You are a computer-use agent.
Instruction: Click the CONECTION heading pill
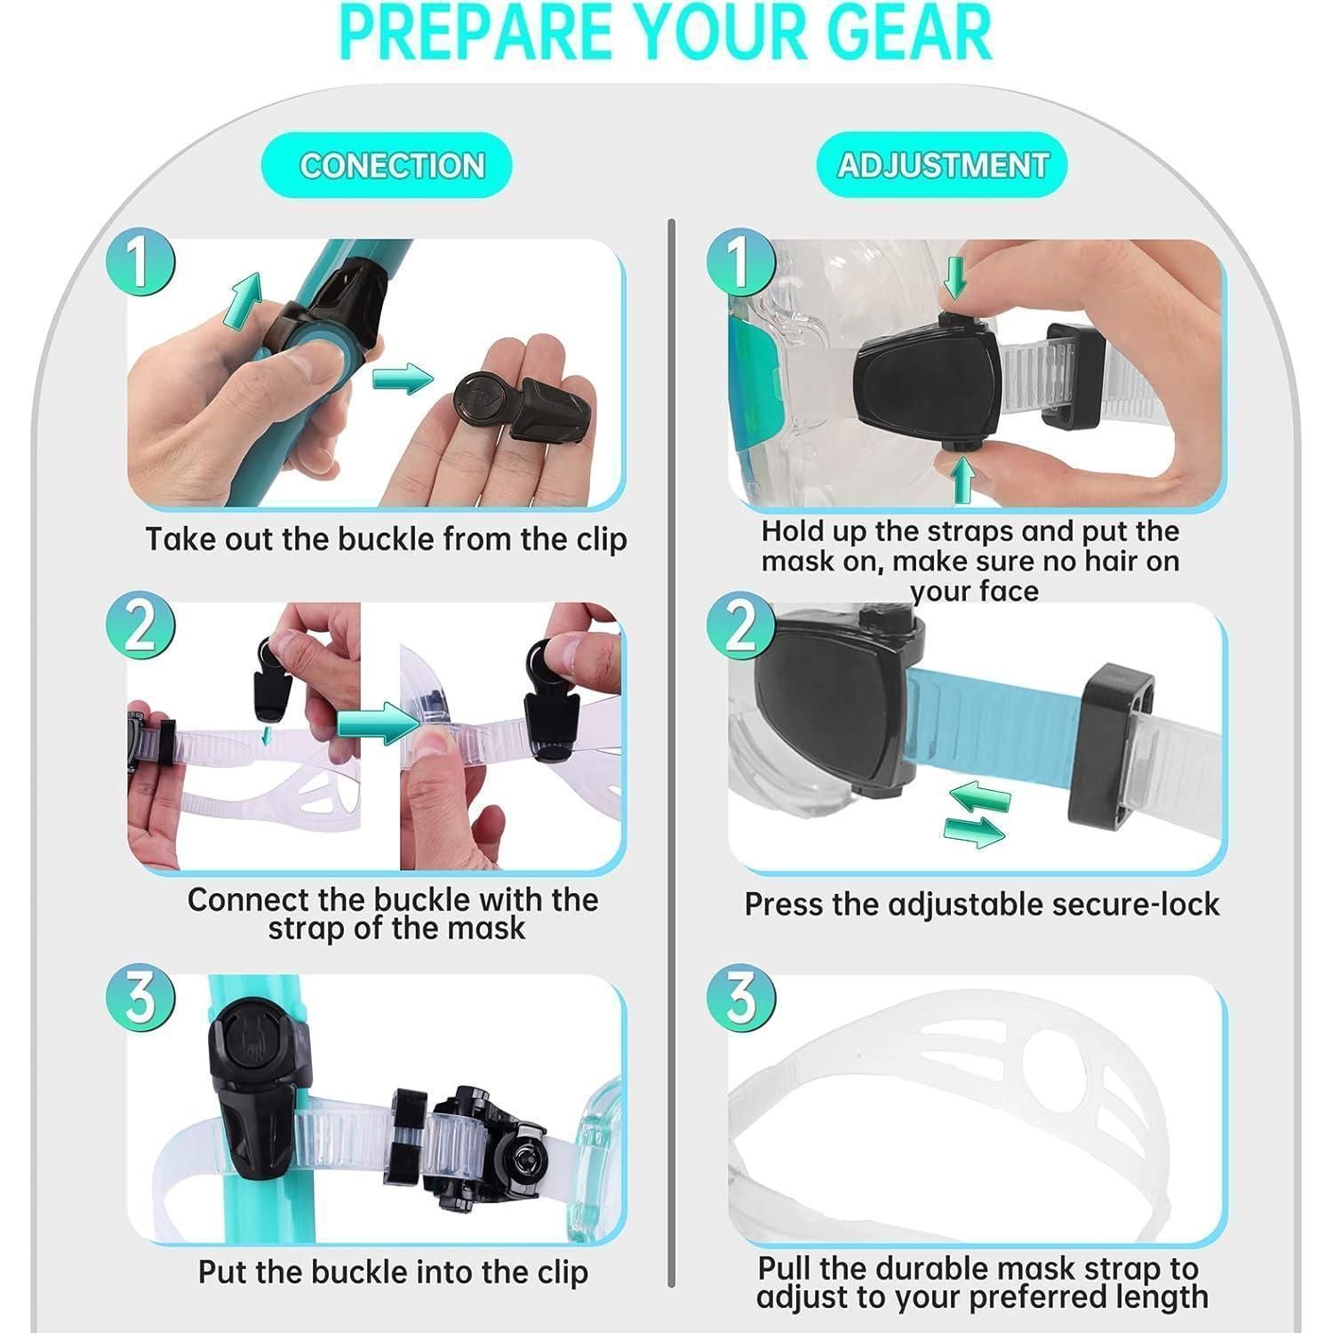pyautogui.click(x=387, y=165)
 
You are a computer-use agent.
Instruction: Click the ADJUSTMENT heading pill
pyautogui.click(x=942, y=165)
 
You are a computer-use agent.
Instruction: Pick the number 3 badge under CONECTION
pyautogui.click(x=140, y=997)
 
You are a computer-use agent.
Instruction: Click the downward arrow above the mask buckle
pyautogui.click(x=955, y=276)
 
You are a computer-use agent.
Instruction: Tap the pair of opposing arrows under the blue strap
pyautogui.click(x=975, y=814)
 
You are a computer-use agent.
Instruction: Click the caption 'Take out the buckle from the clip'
pyautogui.click(x=387, y=539)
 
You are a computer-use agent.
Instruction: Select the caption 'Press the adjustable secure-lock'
pyautogui.click(x=982, y=905)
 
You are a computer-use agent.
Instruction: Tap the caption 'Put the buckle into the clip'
pyautogui.click(x=393, y=1272)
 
